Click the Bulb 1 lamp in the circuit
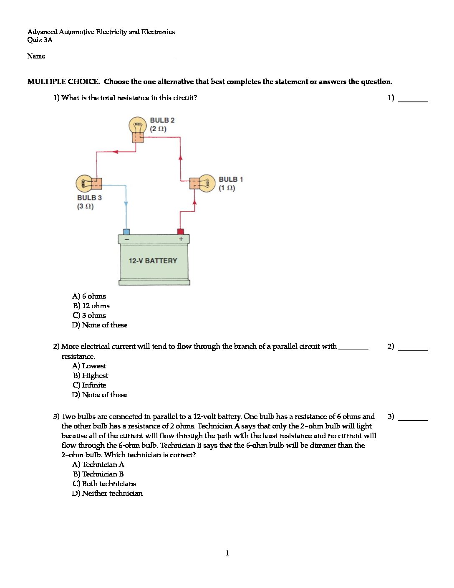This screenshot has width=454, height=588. pyautogui.click(x=206, y=183)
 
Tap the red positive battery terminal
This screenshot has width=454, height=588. pyautogui.click(x=180, y=231)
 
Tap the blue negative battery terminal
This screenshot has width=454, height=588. pyautogui.click(x=126, y=231)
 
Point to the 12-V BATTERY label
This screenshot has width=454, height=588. pyautogui.click(x=153, y=261)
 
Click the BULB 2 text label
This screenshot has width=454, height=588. pyautogui.click(x=162, y=120)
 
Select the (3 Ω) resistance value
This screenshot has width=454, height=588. pyautogui.click(x=85, y=206)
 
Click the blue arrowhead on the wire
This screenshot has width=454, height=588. pyautogui.click(x=126, y=204)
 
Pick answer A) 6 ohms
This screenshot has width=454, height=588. pyautogui.click(x=89, y=296)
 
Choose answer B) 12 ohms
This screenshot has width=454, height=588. pyautogui.click(x=91, y=306)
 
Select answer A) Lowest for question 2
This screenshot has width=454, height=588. pyautogui.click(x=89, y=366)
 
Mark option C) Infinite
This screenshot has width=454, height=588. pyautogui.click(x=89, y=385)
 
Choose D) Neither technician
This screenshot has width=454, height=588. pyautogui.click(x=107, y=493)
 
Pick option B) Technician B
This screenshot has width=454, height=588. pyautogui.click(x=98, y=474)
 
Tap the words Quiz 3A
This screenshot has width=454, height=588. pyautogui.click(x=40, y=40)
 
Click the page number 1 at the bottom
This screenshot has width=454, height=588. pyautogui.click(x=227, y=553)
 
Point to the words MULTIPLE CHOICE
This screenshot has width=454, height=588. pyautogui.click(x=63, y=82)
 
